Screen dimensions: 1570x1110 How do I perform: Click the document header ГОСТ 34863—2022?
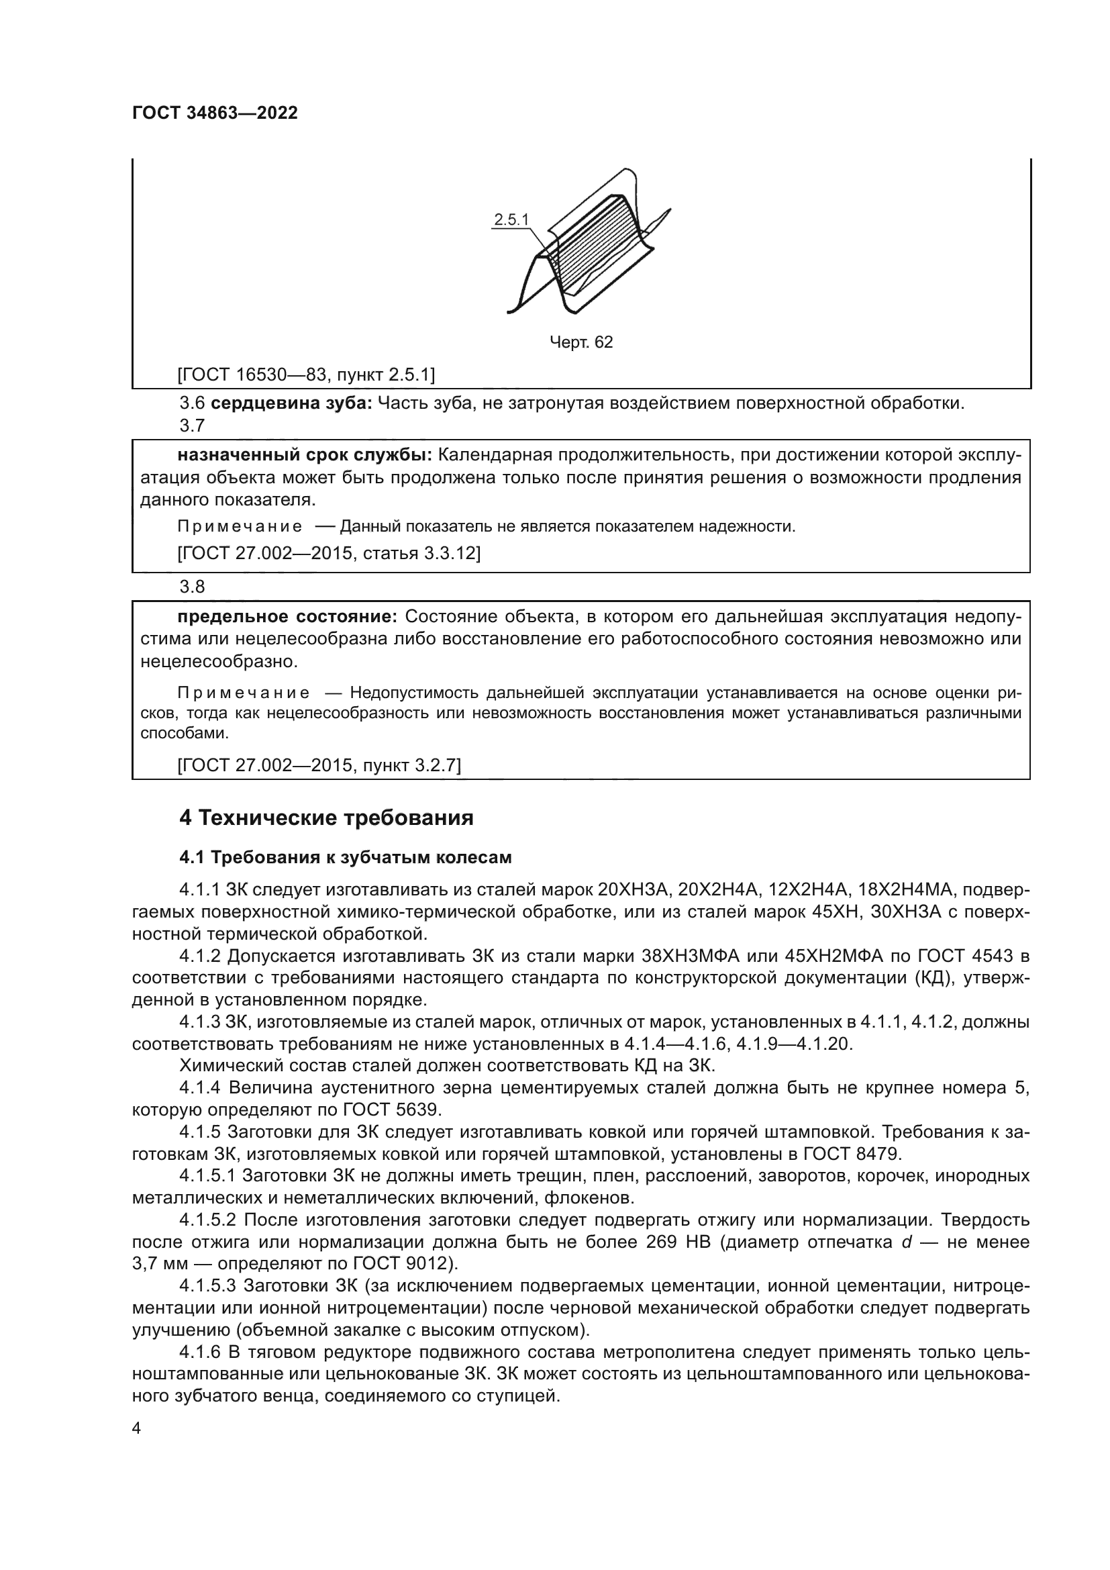(x=215, y=113)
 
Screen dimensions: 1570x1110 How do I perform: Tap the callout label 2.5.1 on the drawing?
(x=511, y=219)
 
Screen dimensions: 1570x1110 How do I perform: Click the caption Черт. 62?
(x=581, y=342)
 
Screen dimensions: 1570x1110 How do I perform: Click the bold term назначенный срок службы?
(x=305, y=454)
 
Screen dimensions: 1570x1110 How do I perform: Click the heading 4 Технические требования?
(x=326, y=818)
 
